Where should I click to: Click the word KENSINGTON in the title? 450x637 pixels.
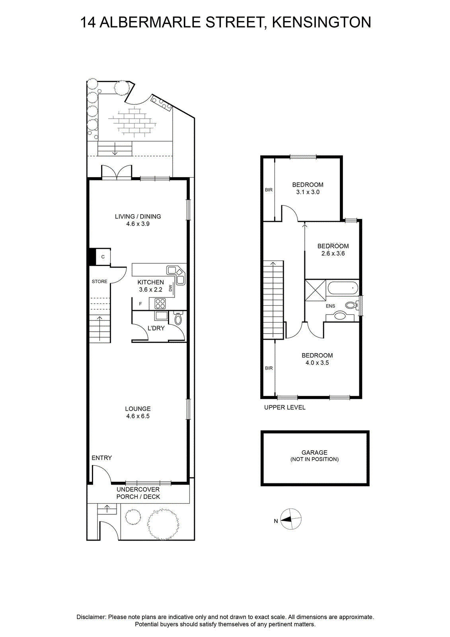pyautogui.click(x=321, y=22)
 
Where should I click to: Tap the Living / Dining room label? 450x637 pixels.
pyautogui.click(x=138, y=217)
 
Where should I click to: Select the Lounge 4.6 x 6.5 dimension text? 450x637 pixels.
pyautogui.click(x=138, y=416)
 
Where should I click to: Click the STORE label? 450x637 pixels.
pyautogui.click(x=99, y=281)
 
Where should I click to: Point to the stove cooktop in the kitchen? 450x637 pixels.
pyautogui.click(x=160, y=303)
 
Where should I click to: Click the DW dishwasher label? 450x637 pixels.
pyautogui.click(x=171, y=288)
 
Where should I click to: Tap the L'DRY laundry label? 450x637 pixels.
pyautogui.click(x=156, y=328)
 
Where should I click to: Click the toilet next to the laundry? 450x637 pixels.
pyautogui.click(x=178, y=318)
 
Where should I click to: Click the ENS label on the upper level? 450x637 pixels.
pyautogui.click(x=330, y=306)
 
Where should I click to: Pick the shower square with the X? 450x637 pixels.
pyautogui.click(x=315, y=290)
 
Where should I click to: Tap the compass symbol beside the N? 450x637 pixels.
pyautogui.click(x=291, y=519)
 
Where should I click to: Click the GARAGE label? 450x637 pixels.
pyautogui.click(x=314, y=452)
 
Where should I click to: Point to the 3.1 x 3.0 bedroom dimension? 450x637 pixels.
pyautogui.click(x=308, y=192)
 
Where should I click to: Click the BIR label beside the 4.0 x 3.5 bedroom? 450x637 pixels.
pyautogui.click(x=269, y=368)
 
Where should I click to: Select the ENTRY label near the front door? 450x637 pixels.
pyautogui.click(x=101, y=458)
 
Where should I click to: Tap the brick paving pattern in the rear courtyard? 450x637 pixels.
pyautogui.click(x=133, y=121)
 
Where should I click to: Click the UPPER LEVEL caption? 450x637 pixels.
pyautogui.click(x=285, y=408)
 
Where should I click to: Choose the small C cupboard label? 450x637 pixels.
pyautogui.click(x=103, y=257)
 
